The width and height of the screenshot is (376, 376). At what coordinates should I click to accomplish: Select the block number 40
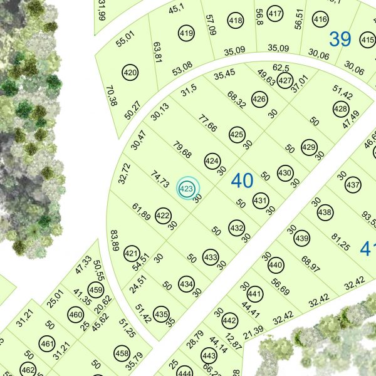[242, 181]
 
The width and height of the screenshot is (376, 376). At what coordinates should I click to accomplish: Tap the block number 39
[340, 39]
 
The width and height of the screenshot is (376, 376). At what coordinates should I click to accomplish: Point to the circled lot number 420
[130, 73]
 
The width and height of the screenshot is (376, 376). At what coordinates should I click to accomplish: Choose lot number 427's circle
[285, 81]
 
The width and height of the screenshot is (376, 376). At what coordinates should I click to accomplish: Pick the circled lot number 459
[95, 290]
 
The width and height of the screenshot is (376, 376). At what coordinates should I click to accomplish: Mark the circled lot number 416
[320, 19]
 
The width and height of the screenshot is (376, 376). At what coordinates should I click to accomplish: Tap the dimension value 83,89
[115, 240]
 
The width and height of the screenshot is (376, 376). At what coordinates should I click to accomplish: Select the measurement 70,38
[112, 96]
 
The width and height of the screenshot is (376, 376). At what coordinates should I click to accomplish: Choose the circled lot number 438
[325, 213]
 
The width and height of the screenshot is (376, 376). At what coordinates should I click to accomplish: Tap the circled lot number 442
[229, 321]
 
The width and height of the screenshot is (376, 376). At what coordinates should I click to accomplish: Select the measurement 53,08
[182, 66]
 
